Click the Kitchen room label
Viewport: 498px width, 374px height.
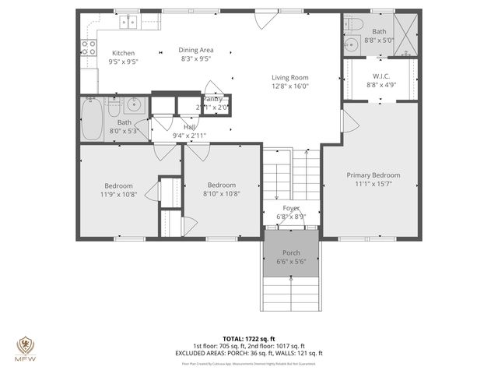123,53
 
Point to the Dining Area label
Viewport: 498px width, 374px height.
196,48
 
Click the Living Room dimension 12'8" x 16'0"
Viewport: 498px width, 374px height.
289,87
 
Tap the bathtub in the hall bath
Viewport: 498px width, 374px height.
93,119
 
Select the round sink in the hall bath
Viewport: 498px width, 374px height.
133,105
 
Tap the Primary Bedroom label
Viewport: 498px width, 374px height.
373,175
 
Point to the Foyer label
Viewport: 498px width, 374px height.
290,208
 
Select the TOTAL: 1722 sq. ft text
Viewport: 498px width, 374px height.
248,338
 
